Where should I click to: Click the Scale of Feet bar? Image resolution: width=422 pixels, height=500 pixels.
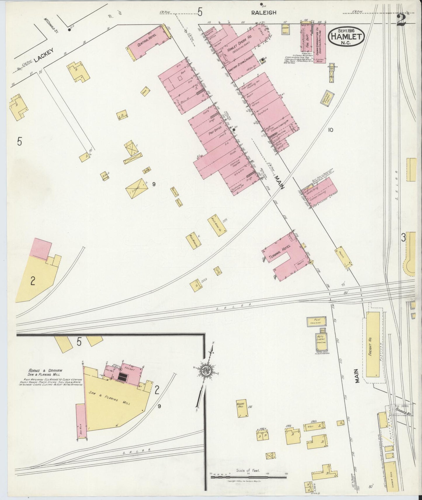(249, 477)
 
